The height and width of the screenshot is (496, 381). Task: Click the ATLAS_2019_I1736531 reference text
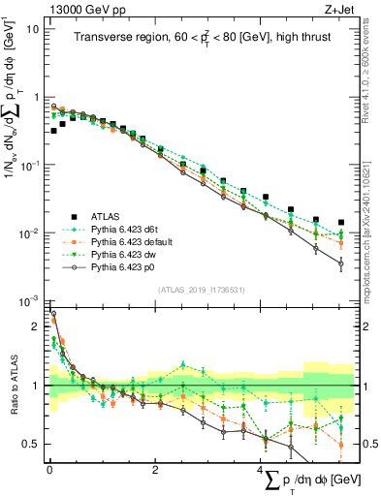(202, 289)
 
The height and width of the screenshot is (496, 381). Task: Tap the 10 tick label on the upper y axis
(31, 29)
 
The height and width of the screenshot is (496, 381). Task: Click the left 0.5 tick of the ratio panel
(31, 444)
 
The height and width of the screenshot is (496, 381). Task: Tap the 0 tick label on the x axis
(49, 469)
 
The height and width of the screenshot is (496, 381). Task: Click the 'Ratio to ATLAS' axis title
(13, 386)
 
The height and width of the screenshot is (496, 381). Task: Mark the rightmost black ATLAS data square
(341, 222)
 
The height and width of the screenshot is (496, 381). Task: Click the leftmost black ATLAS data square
(54, 130)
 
